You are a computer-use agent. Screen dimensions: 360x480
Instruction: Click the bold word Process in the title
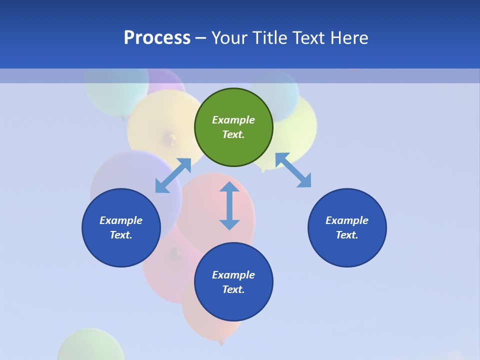click(x=157, y=38)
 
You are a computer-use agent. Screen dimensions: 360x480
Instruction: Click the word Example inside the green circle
click(x=233, y=120)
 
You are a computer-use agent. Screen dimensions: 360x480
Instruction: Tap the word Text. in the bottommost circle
click(x=233, y=289)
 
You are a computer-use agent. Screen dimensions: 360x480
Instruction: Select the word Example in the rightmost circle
click(x=347, y=220)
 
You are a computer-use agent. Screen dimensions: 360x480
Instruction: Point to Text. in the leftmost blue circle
click(x=121, y=235)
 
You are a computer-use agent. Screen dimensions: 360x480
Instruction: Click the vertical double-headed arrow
click(x=229, y=205)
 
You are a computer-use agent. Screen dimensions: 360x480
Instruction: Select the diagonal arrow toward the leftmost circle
click(x=173, y=175)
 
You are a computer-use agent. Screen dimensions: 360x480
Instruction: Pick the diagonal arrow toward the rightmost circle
click(x=293, y=170)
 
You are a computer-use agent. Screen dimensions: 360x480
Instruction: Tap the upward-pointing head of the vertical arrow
click(x=229, y=187)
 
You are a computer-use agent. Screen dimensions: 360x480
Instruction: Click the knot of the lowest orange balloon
click(x=221, y=342)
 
